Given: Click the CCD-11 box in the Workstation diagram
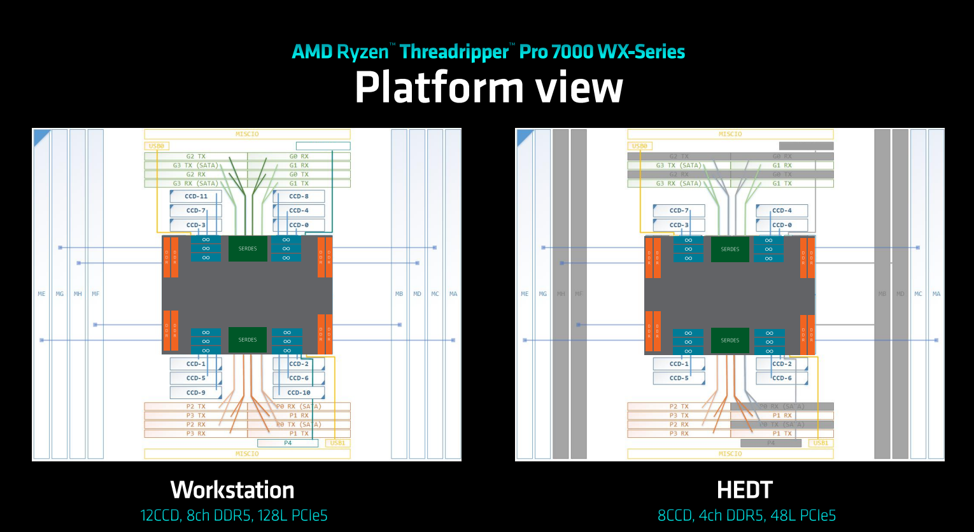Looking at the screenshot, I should click(195, 197).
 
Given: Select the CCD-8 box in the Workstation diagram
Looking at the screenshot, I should click(299, 197).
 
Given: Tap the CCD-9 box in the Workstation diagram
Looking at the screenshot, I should click(195, 393).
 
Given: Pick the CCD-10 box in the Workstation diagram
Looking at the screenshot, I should click(299, 393).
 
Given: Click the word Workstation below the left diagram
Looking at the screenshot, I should click(232, 490).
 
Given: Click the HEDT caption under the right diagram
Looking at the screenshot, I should click(744, 490).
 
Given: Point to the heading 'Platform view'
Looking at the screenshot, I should click(488, 87).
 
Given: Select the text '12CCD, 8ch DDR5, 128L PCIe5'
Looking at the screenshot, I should click(234, 515).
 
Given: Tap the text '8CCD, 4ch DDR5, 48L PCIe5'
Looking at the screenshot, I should click(746, 515).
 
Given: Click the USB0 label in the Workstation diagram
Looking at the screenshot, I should click(157, 146).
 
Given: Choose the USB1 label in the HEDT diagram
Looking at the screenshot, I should click(821, 443).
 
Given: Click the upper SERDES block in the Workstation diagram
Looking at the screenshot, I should click(248, 249).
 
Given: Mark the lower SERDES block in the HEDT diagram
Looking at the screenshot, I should click(730, 340).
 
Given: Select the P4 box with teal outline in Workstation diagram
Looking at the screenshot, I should click(288, 443).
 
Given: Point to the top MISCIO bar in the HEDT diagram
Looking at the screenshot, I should click(730, 134).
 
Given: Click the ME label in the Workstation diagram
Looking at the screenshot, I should click(41, 294).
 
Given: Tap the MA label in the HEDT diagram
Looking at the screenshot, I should click(936, 294).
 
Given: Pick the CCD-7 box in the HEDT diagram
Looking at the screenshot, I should click(679, 211).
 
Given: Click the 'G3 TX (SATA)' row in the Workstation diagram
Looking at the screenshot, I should click(195, 165).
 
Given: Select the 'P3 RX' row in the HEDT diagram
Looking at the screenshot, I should click(679, 433).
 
